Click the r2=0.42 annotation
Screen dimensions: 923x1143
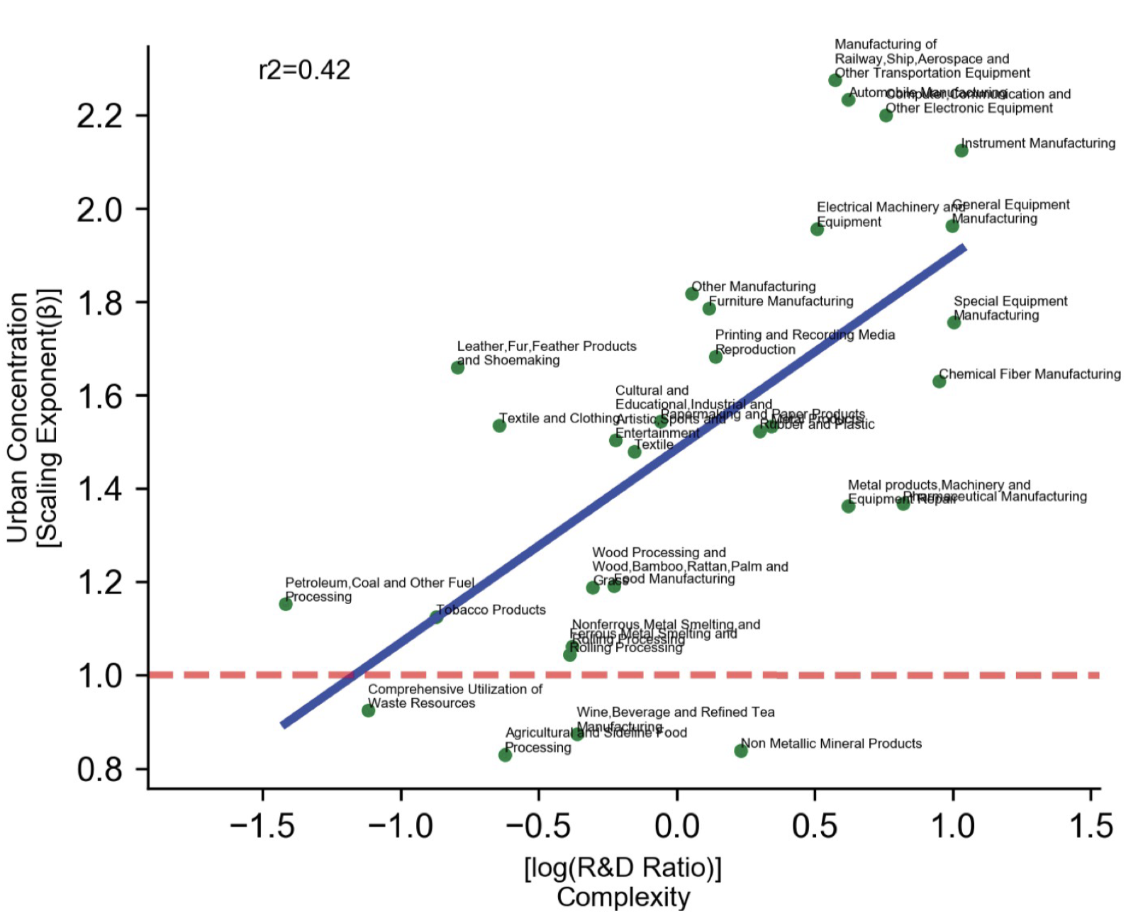pyautogui.click(x=304, y=70)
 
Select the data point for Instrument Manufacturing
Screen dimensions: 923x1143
pyautogui.click(x=961, y=150)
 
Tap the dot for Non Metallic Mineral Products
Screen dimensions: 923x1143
pyautogui.click(x=741, y=751)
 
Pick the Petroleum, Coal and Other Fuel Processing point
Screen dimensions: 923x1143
pyautogui.click(x=286, y=604)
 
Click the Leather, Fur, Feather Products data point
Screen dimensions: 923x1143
pyautogui.click(x=457, y=367)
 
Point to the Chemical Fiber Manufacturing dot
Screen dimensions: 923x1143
pyautogui.click(x=939, y=381)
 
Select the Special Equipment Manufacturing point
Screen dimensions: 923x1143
pyautogui.click(x=954, y=323)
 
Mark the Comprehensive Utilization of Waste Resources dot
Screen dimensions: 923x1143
pyautogui.click(x=368, y=710)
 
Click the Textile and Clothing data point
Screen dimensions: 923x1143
pyautogui.click(x=499, y=425)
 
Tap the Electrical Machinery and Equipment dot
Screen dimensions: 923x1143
pyautogui.click(x=817, y=229)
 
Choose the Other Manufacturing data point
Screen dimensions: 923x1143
pyautogui.click(x=692, y=293)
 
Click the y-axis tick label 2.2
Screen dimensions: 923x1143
pyautogui.click(x=100, y=116)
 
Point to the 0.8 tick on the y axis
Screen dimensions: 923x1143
pyautogui.click(x=100, y=769)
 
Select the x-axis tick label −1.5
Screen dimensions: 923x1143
pyautogui.click(x=262, y=827)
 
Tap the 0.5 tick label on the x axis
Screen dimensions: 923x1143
pyautogui.click(x=814, y=827)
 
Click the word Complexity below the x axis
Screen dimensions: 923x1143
pyautogui.click(x=623, y=897)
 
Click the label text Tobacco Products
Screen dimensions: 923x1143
pyautogui.click(x=491, y=610)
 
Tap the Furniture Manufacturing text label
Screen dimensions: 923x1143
pyautogui.click(x=781, y=301)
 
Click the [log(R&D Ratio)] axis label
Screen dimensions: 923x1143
pyautogui.click(x=623, y=868)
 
